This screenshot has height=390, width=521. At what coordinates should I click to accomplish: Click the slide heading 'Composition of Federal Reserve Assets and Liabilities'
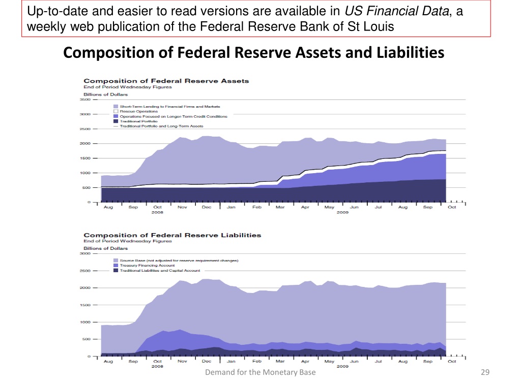click(254, 52)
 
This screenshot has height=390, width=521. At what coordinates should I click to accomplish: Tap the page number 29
click(484, 372)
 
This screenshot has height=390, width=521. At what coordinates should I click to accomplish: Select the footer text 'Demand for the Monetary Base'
click(260, 372)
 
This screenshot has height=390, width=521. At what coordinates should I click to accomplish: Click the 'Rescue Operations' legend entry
click(138, 111)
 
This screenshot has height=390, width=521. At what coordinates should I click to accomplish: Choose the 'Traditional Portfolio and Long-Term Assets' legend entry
click(161, 126)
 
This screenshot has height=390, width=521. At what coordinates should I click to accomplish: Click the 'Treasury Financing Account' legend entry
click(147, 266)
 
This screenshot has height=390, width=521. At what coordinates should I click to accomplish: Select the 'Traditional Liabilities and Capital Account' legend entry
click(160, 271)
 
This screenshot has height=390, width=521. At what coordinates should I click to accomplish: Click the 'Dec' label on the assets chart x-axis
click(207, 207)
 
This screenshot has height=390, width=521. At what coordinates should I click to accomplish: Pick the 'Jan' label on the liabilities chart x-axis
click(231, 362)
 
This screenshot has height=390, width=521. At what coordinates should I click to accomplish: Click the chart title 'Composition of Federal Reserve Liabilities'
click(172, 235)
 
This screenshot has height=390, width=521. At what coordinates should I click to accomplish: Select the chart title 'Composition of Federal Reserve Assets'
click(166, 81)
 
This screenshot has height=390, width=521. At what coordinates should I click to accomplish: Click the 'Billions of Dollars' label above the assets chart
click(105, 94)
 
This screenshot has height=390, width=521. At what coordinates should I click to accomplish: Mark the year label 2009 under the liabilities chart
click(342, 367)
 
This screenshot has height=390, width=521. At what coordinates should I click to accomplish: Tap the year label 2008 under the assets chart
click(158, 213)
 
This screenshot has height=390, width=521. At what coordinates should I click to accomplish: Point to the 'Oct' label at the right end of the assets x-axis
click(452, 207)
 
